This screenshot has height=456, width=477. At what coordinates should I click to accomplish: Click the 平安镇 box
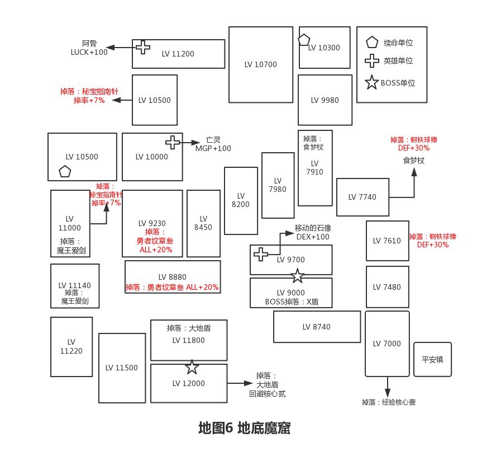point(432,359)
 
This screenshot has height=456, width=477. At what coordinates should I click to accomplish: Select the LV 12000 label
point(188,384)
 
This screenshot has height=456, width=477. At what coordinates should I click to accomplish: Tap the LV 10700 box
point(260,64)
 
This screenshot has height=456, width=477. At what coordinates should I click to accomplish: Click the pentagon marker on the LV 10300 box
point(304,40)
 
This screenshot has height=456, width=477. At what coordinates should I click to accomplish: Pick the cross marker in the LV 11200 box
point(143,47)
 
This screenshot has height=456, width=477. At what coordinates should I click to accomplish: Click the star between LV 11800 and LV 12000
point(192,367)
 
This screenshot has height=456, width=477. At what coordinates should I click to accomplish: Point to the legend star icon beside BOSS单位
point(371,83)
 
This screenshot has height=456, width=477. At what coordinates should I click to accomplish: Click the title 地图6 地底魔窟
point(244,428)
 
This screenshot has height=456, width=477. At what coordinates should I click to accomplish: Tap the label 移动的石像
point(313,228)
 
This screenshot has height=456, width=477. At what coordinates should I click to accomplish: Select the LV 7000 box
point(387,344)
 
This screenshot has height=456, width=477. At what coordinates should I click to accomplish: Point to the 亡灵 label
point(213,140)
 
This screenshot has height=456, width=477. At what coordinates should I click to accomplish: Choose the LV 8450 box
point(203,223)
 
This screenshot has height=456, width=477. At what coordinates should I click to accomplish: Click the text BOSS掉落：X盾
point(291,302)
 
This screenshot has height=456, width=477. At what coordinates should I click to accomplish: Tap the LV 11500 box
point(122,368)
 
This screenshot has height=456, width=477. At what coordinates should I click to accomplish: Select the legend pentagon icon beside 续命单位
point(371,43)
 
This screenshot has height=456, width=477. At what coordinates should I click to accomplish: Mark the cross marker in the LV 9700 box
point(261,254)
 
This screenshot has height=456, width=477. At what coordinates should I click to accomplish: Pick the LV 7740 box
point(362,197)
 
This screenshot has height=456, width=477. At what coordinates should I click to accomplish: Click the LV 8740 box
point(317,327)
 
